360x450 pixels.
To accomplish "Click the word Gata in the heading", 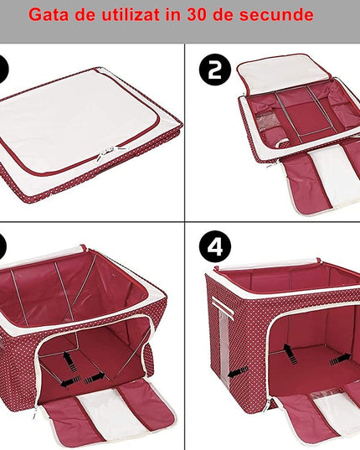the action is (49, 14).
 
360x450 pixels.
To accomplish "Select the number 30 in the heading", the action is (197, 14).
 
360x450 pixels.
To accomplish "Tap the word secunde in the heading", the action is (276, 14).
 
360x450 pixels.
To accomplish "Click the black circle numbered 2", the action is (215, 70).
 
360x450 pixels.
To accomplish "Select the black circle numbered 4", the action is (215, 246).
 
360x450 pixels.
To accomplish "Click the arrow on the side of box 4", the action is (238, 372).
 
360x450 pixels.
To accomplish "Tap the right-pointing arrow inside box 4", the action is (340, 359).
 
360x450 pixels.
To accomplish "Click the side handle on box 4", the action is (223, 307).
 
